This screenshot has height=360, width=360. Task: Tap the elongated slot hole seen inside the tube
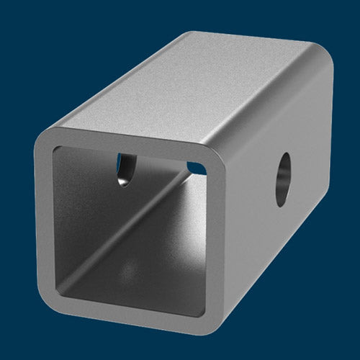[x=124, y=168]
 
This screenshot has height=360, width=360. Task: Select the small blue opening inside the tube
[x=195, y=168]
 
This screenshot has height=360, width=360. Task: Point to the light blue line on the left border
[x=3, y=180]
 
